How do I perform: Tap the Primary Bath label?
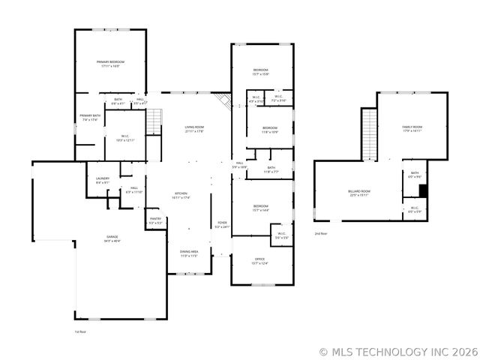90,117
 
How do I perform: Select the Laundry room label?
103,180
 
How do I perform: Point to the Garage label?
111,238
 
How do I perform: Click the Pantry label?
155,220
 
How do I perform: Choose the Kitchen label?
181,196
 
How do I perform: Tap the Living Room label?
194,129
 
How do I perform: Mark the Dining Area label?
188,253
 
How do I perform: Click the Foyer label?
222,224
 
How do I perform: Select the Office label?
259,261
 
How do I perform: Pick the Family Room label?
412,128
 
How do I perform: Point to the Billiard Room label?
359,193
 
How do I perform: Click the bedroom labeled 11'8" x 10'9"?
269,130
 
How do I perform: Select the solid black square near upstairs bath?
423,190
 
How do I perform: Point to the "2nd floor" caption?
321,234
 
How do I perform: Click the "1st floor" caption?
80,331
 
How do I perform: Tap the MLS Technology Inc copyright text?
397,350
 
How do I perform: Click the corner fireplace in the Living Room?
222,100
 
